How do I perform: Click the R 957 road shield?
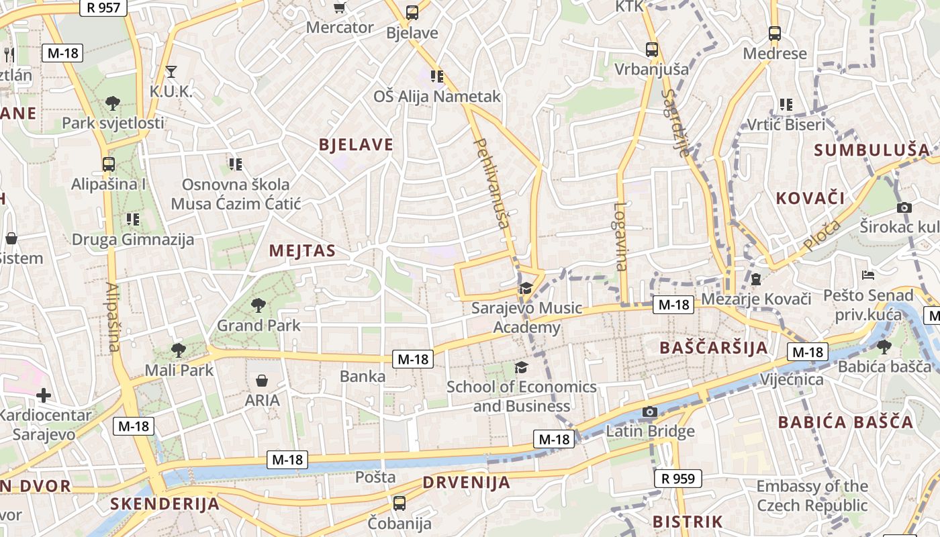pyautogui.click(x=101, y=7)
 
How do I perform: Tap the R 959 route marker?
pyautogui.click(x=678, y=479)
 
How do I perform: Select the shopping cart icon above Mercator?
pyautogui.click(x=340, y=8)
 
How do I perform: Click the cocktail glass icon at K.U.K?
pyautogui.click(x=171, y=72)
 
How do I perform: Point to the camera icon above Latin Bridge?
pyautogui.click(x=649, y=411)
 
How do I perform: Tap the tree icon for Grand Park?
pyautogui.click(x=258, y=306)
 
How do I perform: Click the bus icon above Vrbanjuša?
pyautogui.click(x=651, y=49)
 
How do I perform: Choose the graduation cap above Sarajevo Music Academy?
pyautogui.click(x=525, y=288)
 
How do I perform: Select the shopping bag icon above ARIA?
pyautogui.click(x=262, y=381)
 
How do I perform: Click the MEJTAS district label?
pyautogui.click(x=302, y=251)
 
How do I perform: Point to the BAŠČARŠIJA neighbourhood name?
pyautogui.click(x=714, y=348)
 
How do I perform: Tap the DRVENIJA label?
pyautogui.click(x=467, y=483)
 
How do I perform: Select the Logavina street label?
pyautogui.click(x=621, y=236)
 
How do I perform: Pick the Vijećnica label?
pyautogui.click(x=792, y=379)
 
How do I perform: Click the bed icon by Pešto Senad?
pyautogui.click(x=867, y=275)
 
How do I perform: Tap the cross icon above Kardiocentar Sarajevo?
pyautogui.click(x=44, y=395)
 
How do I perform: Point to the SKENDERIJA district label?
pyautogui.click(x=164, y=504)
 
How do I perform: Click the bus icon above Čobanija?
pyautogui.click(x=399, y=503)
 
